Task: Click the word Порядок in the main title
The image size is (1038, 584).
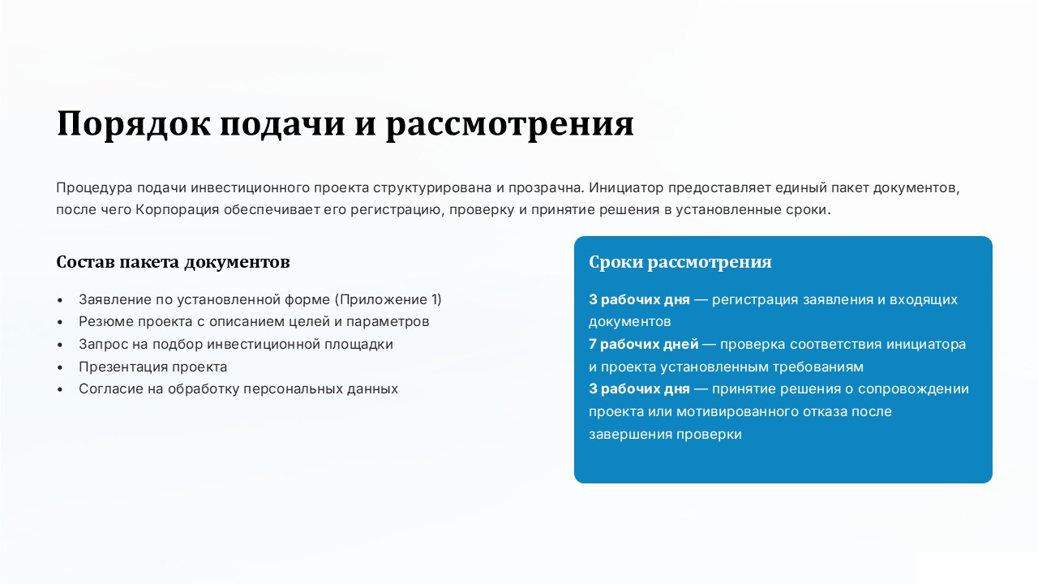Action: tap(134, 124)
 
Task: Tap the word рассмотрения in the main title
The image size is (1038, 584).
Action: tap(510, 124)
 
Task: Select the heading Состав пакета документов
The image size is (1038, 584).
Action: tap(173, 262)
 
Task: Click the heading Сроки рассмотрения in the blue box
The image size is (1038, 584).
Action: tap(680, 262)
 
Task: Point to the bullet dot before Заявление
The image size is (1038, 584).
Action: tap(60, 300)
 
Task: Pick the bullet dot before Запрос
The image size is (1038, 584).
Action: tap(60, 345)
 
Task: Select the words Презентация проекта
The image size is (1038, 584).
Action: tap(153, 367)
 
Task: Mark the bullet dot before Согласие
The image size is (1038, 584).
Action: tap(60, 389)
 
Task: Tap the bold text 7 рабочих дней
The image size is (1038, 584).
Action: tap(644, 345)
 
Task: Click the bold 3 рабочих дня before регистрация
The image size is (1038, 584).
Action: tap(640, 299)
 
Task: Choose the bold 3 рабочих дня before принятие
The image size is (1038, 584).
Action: tap(640, 389)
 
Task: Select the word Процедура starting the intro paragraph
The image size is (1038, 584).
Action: tap(95, 188)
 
